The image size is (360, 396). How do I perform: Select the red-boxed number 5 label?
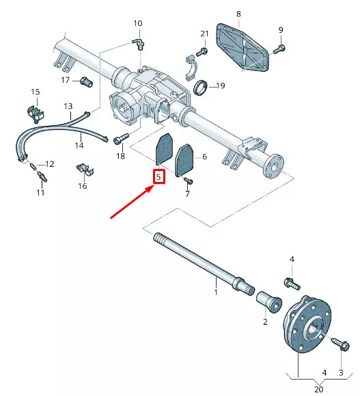[158, 177]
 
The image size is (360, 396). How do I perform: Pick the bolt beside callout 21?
[202, 51]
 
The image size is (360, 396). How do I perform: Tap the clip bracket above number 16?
[82, 168]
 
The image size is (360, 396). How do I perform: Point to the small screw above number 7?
[188, 180]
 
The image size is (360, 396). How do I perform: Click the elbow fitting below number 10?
[139, 44]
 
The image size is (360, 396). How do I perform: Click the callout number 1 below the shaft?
[216, 293]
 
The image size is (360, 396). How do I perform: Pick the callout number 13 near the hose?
[68, 107]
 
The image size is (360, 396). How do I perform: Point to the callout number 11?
[40, 194]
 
